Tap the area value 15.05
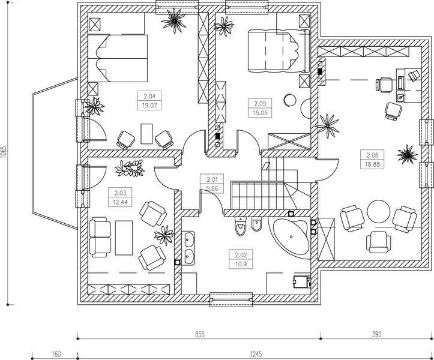pyautogui.click(x=259, y=111)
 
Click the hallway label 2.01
pyautogui.click(x=211, y=179)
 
